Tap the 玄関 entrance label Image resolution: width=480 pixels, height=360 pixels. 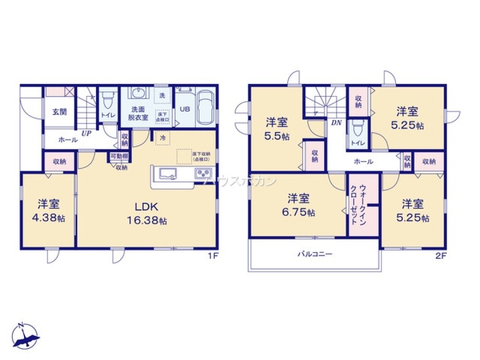coord(59,112)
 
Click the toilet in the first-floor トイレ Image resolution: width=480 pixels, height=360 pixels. coord(108,100)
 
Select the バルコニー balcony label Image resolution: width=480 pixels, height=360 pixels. coord(314,253)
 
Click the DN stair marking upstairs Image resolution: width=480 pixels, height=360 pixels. coord(336,122)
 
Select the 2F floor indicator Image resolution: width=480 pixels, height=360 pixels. coord(441,256)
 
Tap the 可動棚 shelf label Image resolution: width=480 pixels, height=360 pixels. coord(119,156)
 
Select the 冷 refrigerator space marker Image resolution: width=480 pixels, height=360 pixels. coord(163,138)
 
